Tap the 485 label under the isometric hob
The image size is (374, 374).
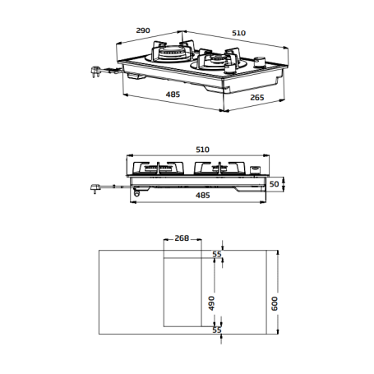click(x=173, y=95)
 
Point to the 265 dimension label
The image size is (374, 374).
click(x=256, y=99)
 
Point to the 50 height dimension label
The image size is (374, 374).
click(x=275, y=183)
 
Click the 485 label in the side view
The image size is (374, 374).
click(x=202, y=196)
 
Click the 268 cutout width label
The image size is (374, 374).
click(x=182, y=238)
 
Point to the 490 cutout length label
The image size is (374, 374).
click(x=212, y=302)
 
